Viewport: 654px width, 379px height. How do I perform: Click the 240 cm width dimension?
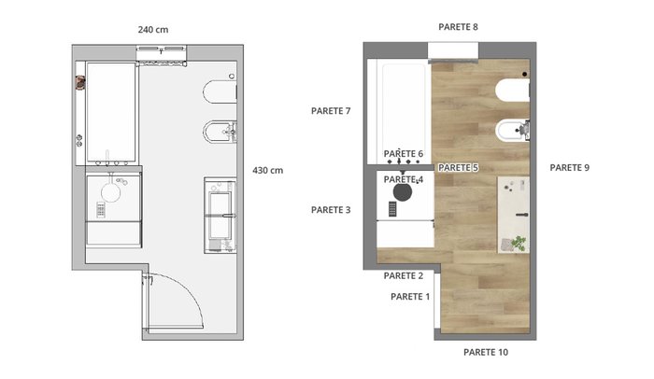coord(153,30)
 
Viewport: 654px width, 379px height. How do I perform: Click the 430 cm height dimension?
coord(268,170)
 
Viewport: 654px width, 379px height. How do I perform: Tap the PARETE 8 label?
coord(458,27)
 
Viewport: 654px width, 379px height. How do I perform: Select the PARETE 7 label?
coord(331,111)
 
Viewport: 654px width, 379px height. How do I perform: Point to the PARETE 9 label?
coord(569,168)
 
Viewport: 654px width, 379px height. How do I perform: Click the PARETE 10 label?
coord(486,352)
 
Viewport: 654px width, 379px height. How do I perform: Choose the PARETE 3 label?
coord(331,210)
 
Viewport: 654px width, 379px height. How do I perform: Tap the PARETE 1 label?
coord(410,297)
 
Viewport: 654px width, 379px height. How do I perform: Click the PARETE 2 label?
coord(404,275)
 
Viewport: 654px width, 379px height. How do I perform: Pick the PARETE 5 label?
coord(458,168)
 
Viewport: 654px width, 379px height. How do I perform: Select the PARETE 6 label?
coord(404,154)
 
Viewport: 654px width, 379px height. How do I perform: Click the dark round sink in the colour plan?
coord(403,192)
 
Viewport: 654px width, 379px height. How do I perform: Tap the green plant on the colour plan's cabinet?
coord(519,243)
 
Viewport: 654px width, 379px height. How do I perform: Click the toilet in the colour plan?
coord(512,91)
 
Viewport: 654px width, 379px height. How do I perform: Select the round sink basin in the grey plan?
coord(111,192)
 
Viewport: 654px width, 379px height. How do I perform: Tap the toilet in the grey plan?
coord(220,91)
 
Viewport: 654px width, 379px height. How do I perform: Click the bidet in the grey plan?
coord(220,133)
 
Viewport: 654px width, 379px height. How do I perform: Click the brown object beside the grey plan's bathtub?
coord(80,82)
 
